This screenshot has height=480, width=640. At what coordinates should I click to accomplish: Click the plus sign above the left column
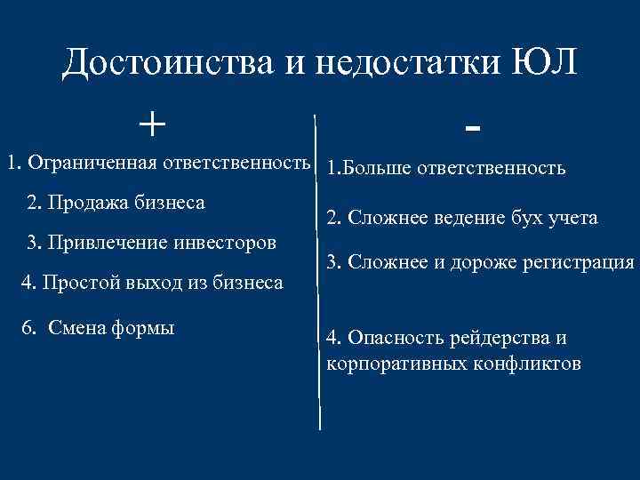click(153, 122)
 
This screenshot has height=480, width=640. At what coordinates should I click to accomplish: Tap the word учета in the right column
click(572, 218)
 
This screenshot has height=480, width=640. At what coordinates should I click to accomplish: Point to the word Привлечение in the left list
click(94, 243)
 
